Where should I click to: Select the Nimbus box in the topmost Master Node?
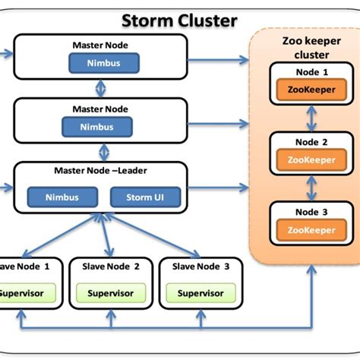[x=106, y=63]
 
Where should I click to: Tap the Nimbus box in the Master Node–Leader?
[x=63, y=197]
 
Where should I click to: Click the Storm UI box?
[x=146, y=197]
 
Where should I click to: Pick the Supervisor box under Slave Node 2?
[x=111, y=293]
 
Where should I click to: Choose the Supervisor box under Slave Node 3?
[x=201, y=293]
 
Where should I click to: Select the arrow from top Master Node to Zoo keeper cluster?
[x=220, y=58]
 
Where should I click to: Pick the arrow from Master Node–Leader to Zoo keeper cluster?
[x=220, y=187]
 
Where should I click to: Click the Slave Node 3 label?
[x=201, y=267]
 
